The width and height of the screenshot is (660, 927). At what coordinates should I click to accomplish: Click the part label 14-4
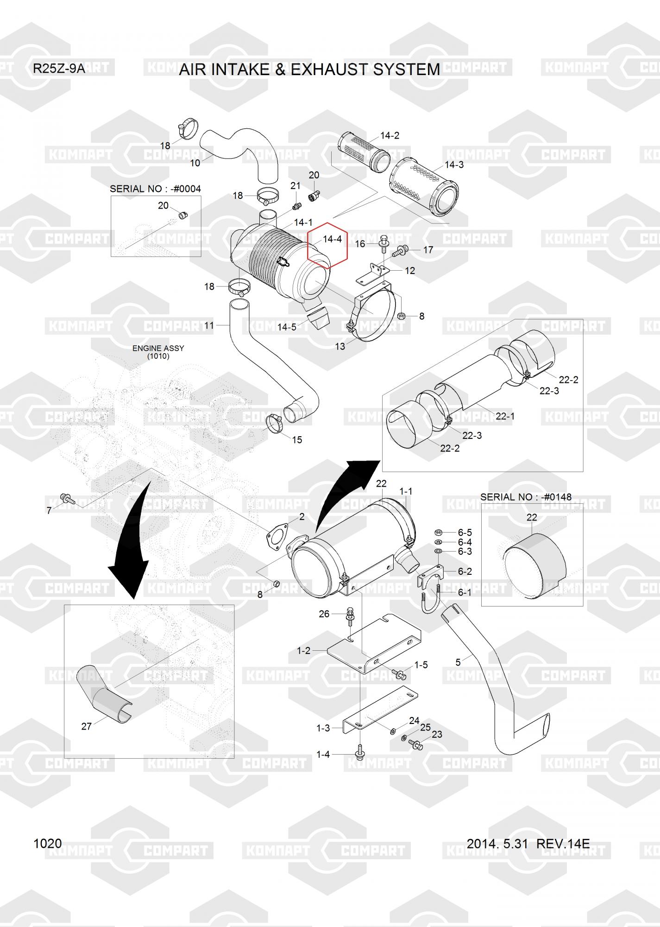332,239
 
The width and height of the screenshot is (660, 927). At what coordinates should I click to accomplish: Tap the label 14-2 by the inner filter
390,136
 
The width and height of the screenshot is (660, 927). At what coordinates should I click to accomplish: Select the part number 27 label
87,726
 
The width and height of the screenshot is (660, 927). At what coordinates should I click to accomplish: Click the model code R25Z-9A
59,69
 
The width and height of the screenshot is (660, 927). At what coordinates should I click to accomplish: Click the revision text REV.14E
563,844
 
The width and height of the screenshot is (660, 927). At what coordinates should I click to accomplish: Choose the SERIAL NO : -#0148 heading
526,497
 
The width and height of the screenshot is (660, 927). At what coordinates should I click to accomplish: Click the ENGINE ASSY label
158,348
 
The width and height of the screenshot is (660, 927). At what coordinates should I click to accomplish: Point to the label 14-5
287,327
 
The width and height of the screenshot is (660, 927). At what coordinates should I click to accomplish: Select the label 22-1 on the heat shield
505,416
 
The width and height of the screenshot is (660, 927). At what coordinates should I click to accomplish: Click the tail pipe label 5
458,662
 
